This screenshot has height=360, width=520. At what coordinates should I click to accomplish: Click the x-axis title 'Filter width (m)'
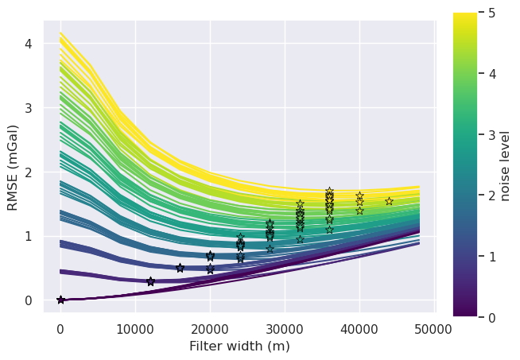239,346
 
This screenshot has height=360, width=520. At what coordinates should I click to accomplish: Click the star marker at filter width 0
60,300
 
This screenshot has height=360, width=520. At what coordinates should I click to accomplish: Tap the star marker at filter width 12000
150,281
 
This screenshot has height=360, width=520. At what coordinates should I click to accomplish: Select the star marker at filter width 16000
180,268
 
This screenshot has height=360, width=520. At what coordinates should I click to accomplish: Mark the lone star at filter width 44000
389,201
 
